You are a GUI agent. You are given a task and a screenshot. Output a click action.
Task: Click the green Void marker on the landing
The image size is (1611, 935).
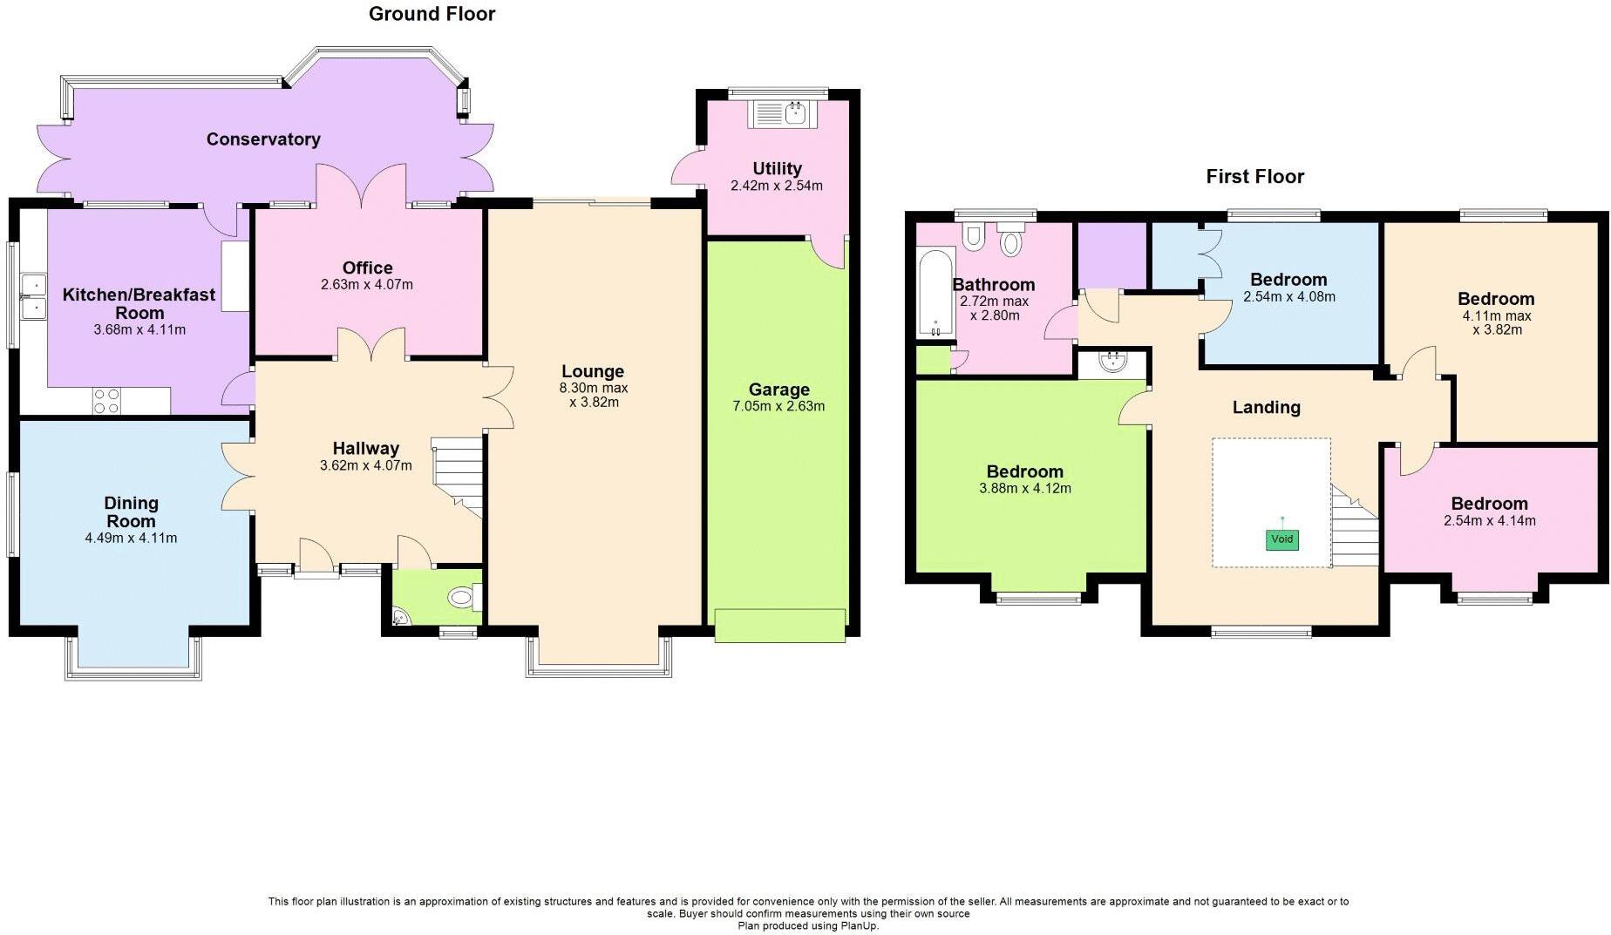[x=1281, y=539]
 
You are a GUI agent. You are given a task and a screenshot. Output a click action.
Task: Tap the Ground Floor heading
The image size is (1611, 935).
[x=432, y=14]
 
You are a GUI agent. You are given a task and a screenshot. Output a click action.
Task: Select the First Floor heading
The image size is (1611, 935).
[x=1254, y=177]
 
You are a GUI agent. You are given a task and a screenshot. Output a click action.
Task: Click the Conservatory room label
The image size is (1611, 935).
[x=263, y=139]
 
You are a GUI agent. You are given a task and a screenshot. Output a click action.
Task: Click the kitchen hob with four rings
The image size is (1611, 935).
[x=106, y=401]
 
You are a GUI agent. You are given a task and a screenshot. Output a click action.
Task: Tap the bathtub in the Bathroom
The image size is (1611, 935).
[x=936, y=294]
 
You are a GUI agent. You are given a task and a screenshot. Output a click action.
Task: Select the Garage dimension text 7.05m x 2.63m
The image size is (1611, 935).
[x=778, y=406]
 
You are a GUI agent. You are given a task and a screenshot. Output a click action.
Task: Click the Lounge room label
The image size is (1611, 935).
[x=593, y=371]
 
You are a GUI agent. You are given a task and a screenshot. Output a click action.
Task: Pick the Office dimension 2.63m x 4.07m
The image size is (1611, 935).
[x=367, y=284]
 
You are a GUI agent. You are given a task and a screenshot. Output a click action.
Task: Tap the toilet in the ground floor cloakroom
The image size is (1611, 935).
[x=462, y=598]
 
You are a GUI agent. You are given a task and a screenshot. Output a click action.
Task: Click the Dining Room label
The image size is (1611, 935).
[x=131, y=512]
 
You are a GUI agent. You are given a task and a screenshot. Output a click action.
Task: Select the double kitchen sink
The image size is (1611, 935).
[x=34, y=296]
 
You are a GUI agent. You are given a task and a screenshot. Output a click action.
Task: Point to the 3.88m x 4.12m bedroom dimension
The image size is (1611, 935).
[x=1024, y=489]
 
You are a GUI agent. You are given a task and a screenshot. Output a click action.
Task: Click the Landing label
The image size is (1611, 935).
[x=1266, y=407]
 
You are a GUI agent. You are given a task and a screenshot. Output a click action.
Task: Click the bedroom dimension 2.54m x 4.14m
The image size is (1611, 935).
[x=1489, y=521]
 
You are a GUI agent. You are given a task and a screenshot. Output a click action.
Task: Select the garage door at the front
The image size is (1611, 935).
[x=779, y=625]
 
